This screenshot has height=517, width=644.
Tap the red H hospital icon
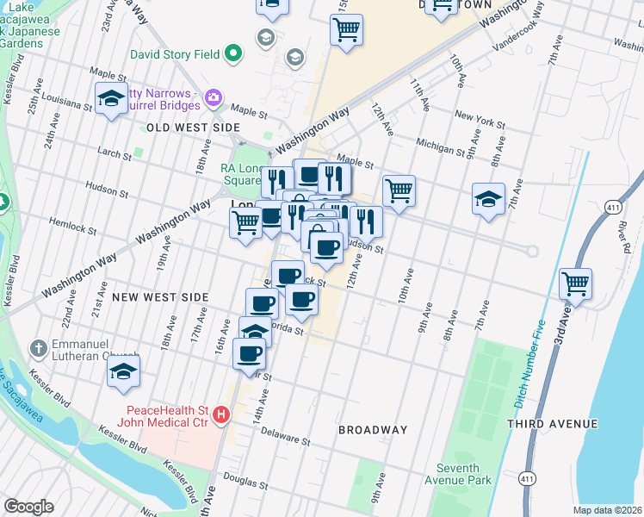(x=220, y=415)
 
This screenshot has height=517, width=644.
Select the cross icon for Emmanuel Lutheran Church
(x=37, y=349)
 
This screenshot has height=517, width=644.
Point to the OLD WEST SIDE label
(x=193, y=128)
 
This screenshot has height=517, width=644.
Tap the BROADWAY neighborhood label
(x=372, y=430)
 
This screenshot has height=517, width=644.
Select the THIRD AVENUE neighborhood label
(x=552, y=424)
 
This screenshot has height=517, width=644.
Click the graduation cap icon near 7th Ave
(x=488, y=199)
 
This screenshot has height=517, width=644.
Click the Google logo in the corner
(x=28, y=507)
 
